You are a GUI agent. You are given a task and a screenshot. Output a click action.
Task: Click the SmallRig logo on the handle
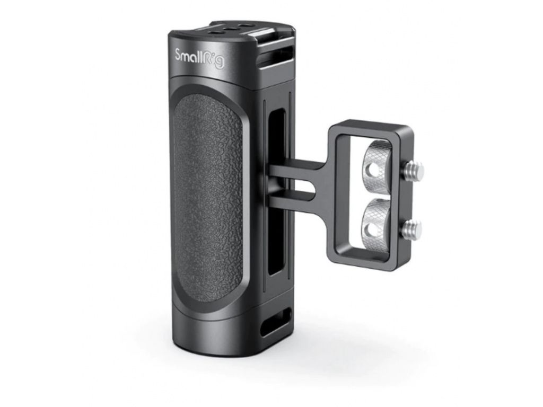(199, 58)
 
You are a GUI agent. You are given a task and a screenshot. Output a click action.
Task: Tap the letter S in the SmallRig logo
(179, 55)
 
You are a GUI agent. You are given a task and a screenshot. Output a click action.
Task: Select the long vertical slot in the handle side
(277, 191)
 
